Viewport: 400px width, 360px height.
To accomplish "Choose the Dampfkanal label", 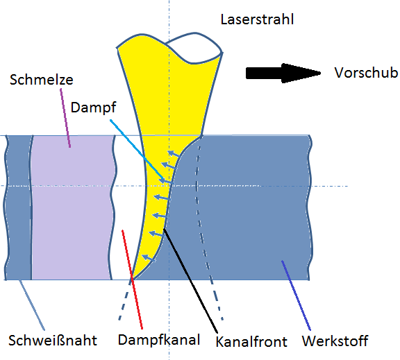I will tap(159, 340).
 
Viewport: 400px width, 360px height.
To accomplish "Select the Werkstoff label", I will tap(335, 341).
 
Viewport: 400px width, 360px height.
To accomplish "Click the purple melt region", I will tap(73, 208).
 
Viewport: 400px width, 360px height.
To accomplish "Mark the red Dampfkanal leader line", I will tap(132, 277).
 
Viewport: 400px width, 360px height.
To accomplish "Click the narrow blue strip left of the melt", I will tap(19, 208).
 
